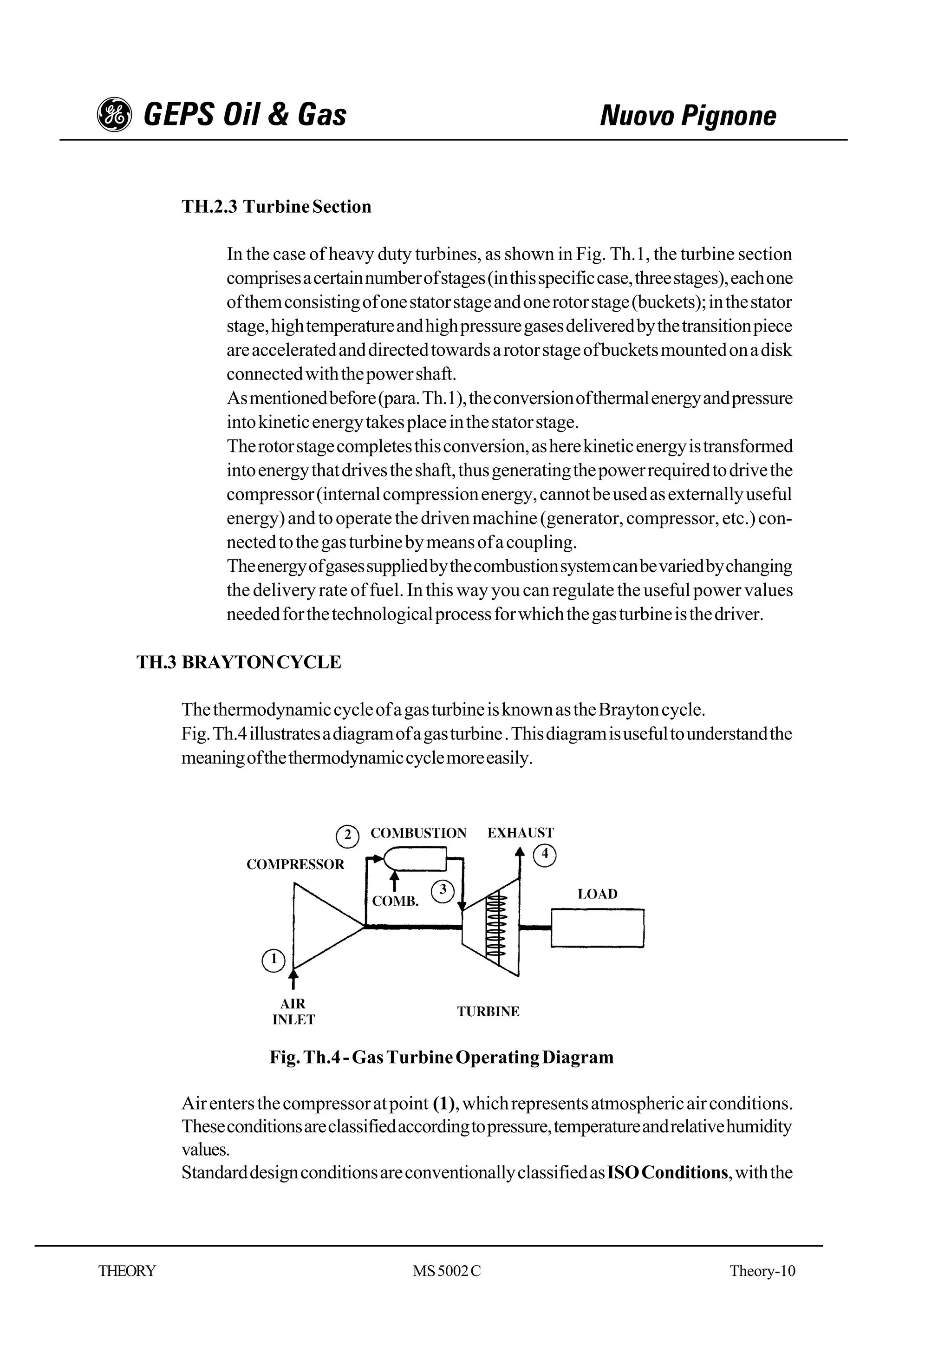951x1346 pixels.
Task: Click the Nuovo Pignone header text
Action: coord(687,116)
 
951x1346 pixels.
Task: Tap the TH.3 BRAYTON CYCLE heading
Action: coord(239,662)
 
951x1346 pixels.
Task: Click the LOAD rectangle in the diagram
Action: coord(597,928)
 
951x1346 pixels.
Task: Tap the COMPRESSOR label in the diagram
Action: coord(295,865)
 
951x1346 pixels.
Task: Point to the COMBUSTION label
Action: coord(418,833)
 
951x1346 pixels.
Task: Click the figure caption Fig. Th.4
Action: coord(441,1058)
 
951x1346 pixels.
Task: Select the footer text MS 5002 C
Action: coord(447,1271)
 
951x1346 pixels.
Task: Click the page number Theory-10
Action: coord(762,1271)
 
